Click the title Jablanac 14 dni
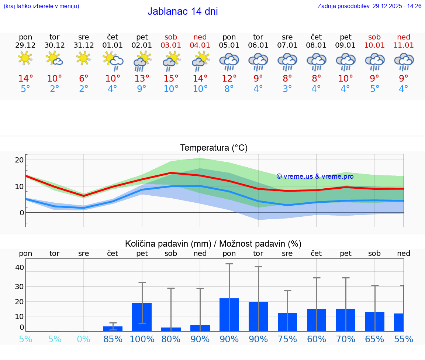[183, 11]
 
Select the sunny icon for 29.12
[25, 58]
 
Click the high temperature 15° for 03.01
[171, 79]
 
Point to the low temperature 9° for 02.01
[142, 89]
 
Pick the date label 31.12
[84, 45]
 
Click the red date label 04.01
[200, 45]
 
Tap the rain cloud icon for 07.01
[287, 62]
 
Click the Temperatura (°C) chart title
[214, 148]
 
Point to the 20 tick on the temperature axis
[19, 160]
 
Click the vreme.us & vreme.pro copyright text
[315, 176]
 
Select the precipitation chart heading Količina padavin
[213, 244]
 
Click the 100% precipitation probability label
[142, 339]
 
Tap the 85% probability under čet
[113, 339]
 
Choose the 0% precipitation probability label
[84, 339]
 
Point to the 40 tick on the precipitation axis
[20, 267]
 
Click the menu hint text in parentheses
[41, 6]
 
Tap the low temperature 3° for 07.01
[287, 89]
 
